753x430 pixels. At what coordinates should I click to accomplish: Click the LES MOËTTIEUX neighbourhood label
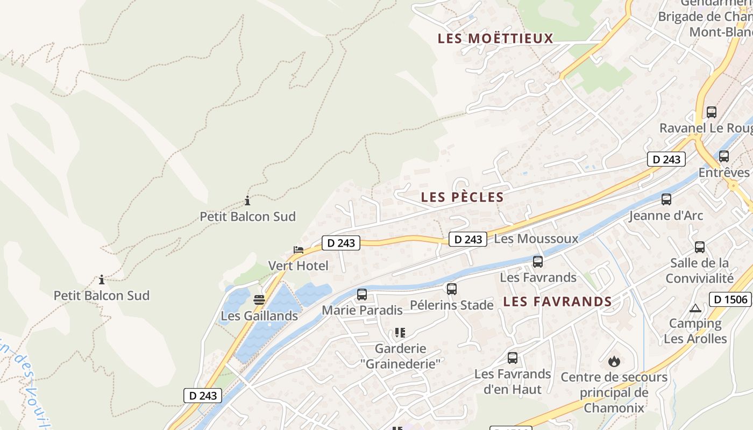495,39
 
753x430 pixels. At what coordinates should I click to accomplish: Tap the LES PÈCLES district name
463,197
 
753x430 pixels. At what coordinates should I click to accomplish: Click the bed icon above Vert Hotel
299,250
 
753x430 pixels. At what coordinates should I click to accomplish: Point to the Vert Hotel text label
298,266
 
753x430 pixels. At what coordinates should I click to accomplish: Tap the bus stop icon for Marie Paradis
362,295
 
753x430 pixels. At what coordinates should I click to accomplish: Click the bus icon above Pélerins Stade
452,289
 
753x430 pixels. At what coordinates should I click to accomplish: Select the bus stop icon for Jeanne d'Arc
666,199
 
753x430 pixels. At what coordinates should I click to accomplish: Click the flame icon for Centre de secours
614,361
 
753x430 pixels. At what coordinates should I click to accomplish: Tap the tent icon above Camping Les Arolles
695,309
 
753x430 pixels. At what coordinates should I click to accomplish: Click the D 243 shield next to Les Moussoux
467,239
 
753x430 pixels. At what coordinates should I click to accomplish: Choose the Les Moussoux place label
536,239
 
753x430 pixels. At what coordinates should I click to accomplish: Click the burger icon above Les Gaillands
259,300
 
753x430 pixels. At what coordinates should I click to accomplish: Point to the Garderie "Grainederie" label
400,356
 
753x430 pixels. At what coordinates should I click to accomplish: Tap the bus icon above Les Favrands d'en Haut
513,358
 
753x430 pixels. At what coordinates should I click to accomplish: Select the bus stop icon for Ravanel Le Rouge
712,112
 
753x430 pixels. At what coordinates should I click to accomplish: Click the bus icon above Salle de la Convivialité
700,247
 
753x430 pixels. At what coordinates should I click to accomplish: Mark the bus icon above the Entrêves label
724,156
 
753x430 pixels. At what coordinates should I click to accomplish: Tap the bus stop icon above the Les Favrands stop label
538,262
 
